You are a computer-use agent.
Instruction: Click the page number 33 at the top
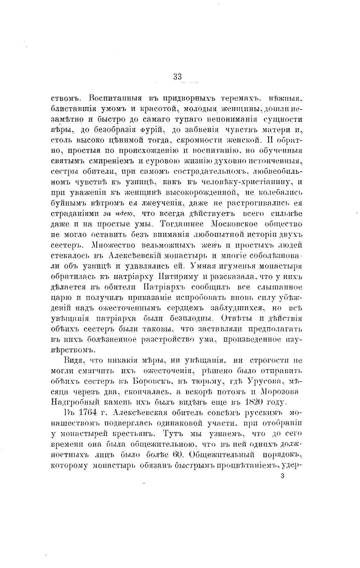[x=177, y=76]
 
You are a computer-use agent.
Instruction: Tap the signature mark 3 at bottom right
[x=282, y=476]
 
